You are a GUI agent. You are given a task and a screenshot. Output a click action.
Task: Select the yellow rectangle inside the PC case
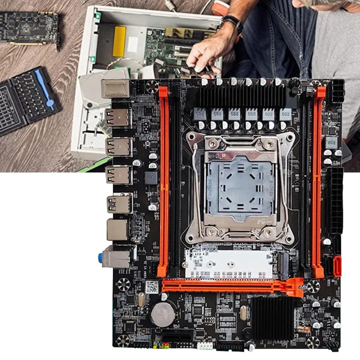pyautogui.click(x=119, y=41)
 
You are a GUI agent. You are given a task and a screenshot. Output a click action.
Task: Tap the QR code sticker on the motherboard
pyautogui.click(x=152, y=287)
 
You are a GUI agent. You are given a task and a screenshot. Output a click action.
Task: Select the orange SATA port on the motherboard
pyautogui.click(x=337, y=266)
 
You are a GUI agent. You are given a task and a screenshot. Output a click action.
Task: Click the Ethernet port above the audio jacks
pyautogui.click(x=118, y=230)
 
